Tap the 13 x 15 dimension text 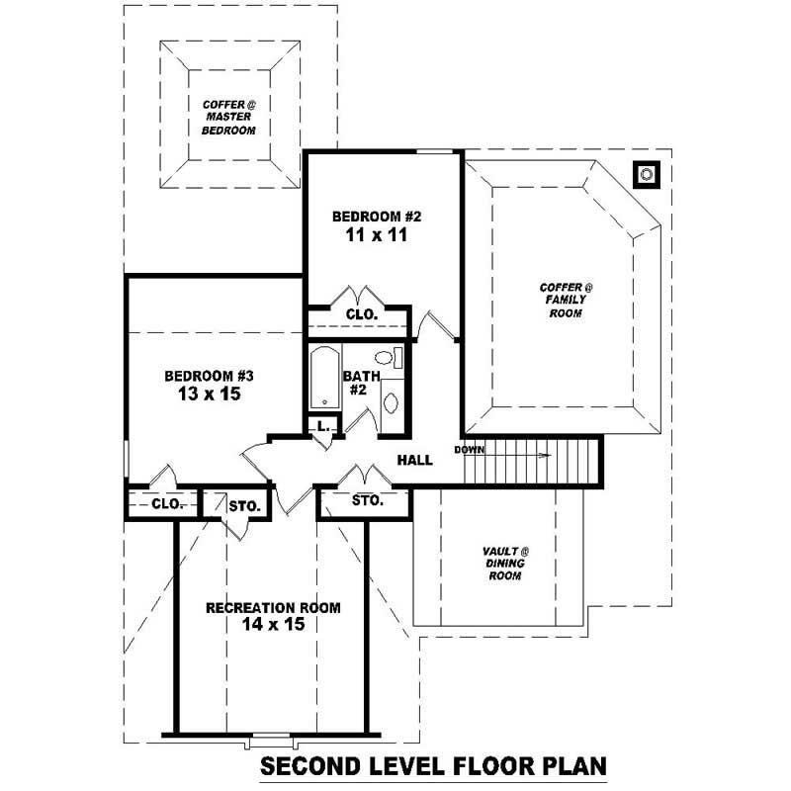(x=210, y=394)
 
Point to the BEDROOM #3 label (x=210, y=376)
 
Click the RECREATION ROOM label (x=273, y=607)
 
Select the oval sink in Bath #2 (x=391, y=402)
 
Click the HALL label (x=415, y=461)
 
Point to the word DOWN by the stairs (x=469, y=451)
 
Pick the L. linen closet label (x=321, y=426)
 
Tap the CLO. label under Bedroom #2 (x=361, y=314)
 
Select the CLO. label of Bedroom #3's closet (x=167, y=504)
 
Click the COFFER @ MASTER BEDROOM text (x=229, y=117)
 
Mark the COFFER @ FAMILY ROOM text (x=567, y=300)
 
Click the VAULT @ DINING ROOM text (x=505, y=563)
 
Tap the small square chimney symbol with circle (x=647, y=175)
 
